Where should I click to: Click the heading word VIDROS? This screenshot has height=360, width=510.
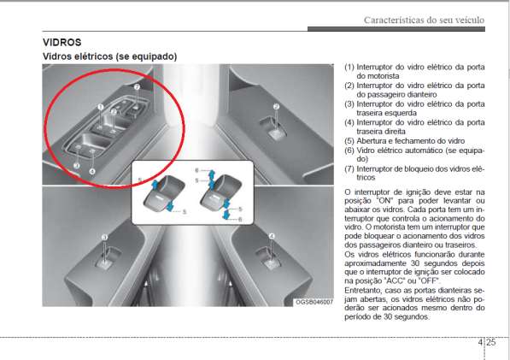coord(62,42)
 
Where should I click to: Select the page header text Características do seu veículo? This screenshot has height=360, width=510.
coord(424,21)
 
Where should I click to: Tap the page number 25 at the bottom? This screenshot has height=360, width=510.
coord(491,342)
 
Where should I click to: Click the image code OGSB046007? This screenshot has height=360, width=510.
coord(314,302)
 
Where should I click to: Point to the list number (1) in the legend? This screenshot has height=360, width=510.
coord(349,67)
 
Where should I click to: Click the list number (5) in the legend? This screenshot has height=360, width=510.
coord(349,141)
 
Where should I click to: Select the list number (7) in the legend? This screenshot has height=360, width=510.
coord(349,169)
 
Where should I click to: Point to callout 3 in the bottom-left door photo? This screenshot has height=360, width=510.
coord(104,237)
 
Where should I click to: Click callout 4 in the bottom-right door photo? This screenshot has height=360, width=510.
coord(272,236)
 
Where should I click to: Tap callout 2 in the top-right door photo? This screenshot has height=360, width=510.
coord(276,106)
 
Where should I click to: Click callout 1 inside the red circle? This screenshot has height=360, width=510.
coord(101,107)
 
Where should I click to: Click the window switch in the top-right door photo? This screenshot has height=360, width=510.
coord(274,129)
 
